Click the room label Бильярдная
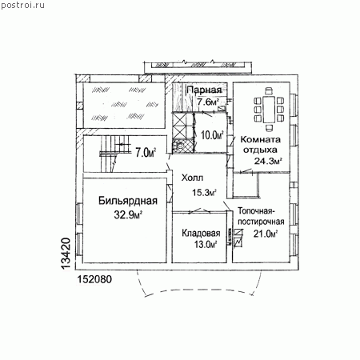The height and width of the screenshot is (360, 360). coord(128,201)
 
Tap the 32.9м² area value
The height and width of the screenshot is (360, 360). coord(128,214)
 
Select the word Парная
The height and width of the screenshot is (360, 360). coord(204,90)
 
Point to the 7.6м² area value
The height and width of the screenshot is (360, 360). coord(208,102)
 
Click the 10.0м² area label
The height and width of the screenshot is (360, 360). coord(212,135)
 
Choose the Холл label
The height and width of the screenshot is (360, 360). coord(192,178)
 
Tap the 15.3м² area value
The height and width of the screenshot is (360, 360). coord(204,192)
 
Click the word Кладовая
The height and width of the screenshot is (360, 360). coord(201,233)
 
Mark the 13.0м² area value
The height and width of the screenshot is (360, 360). coord(205,244)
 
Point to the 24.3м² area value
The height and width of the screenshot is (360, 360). coord(268,161)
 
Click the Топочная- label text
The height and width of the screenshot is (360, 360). coord(256,211)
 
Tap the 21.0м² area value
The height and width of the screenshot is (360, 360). coord(266,234)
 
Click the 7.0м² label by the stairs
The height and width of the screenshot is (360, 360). coord(146,153)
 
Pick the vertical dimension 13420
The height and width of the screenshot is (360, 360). coord(66,254)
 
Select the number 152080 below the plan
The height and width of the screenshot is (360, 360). coord(94,279)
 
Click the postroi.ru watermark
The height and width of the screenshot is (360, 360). coord(22,5)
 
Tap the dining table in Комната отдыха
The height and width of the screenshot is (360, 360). coord(269,110)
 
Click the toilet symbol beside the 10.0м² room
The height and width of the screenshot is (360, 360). coord(178,146)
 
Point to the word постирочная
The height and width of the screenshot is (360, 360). coord(261,222)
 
